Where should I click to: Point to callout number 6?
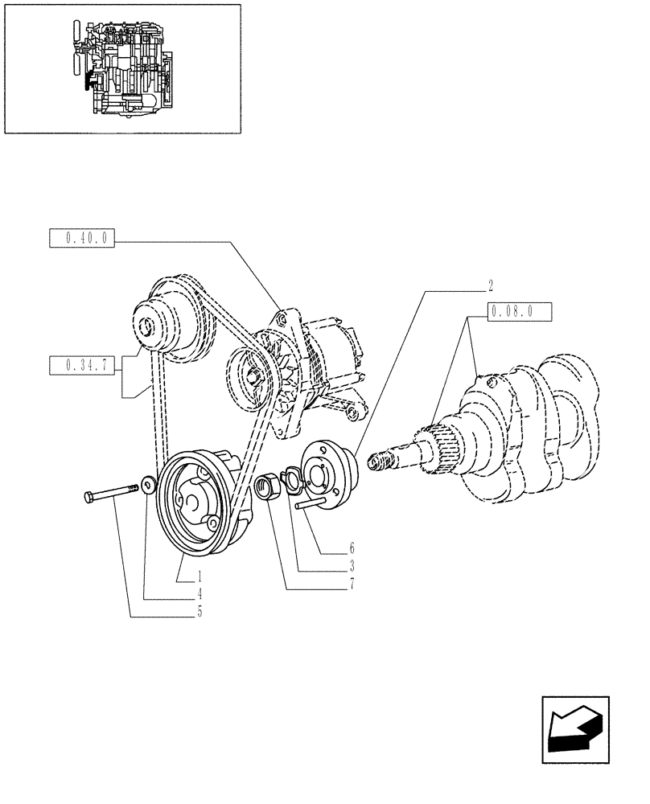352,548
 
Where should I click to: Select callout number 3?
352,566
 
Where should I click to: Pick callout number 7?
352,585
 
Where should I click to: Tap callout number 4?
200,595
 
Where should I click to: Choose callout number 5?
200,613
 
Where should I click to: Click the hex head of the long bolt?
88,498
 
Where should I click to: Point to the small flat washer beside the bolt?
147,485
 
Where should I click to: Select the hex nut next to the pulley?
267,487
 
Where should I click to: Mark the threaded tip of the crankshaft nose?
376,462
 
